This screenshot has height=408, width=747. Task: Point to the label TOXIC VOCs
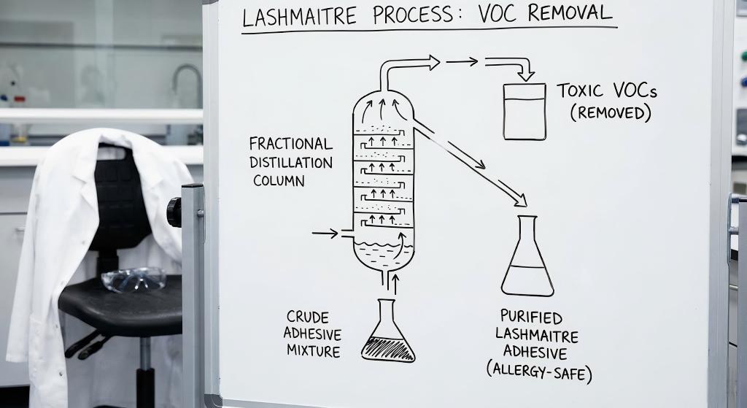607,91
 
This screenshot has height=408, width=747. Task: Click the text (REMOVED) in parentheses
610,113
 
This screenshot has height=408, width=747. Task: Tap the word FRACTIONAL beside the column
290,144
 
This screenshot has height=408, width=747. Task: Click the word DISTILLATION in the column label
290,162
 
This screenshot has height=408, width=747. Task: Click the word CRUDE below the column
307,317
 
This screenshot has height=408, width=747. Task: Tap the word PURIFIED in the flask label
531,317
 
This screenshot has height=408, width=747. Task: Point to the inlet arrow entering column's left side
324,234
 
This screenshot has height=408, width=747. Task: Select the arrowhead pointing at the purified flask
520,199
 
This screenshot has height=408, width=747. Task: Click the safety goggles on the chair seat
133,279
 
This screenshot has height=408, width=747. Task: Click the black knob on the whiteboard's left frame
174,212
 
